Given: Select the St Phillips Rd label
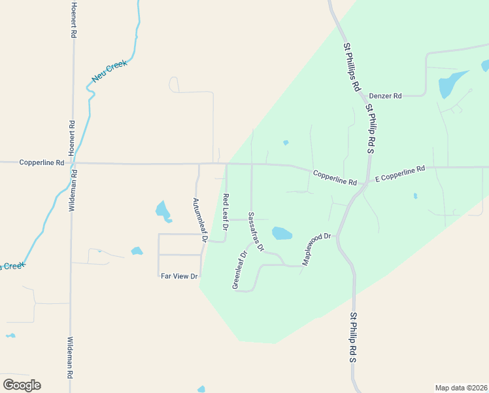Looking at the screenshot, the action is pos(352,67).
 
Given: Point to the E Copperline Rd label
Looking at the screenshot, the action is pos(399,174).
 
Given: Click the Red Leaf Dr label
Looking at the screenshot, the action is pos(226,212).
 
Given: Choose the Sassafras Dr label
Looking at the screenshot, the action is pos(256,232).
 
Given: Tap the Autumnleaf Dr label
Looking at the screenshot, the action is pos(199,221).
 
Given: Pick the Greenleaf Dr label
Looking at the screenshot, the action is pos(240,269).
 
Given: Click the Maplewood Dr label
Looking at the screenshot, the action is pos(317,250).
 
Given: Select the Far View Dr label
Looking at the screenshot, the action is pos(179,276).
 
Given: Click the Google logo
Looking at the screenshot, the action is pos(22,385).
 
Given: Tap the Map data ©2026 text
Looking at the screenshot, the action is pos(462,387).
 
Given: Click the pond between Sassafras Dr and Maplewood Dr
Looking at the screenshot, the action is pos(282,233).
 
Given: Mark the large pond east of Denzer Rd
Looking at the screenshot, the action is pos(450,84).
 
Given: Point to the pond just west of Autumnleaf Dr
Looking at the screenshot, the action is pos(163,211).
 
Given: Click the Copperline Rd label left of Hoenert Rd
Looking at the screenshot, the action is pos(42,162).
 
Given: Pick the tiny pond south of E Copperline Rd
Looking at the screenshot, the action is pos(415,196).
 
